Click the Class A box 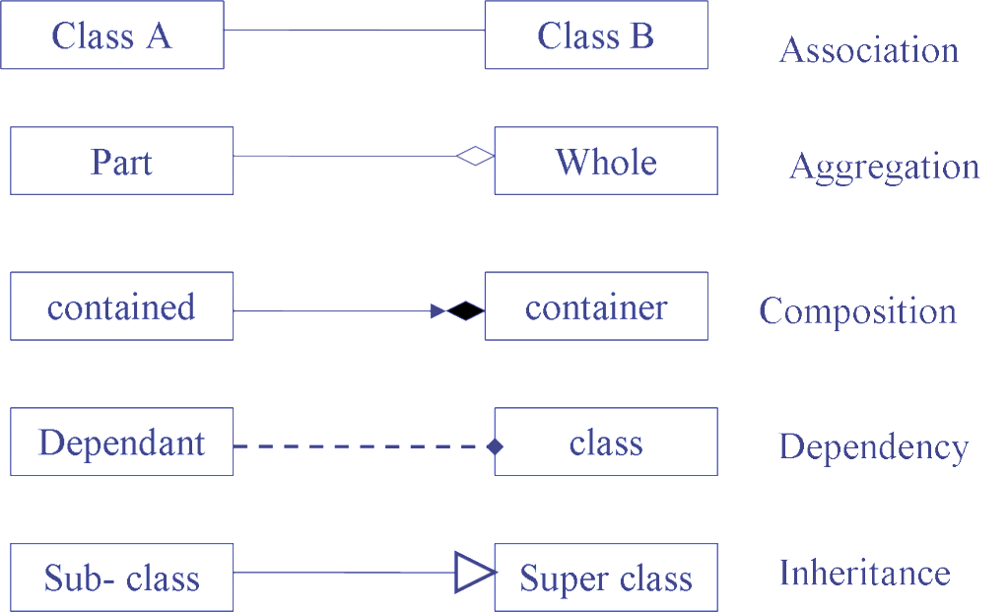tap(112, 35)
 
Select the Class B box tap(596, 35)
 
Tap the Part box tap(121, 161)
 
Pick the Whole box tap(605, 161)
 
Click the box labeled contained tap(121, 306)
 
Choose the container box tap(596, 306)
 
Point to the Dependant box tap(121, 442)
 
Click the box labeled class tap(605, 442)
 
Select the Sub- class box tap(121, 577)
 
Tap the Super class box tap(605, 577)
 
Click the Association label tap(869, 49)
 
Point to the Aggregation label tap(884, 167)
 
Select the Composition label tap(857, 311)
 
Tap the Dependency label tap(872, 446)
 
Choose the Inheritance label tap(864, 573)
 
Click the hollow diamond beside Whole tap(475, 156)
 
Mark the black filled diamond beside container tap(465, 311)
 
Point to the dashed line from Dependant tap(355, 446)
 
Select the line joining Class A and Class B tap(355, 31)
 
